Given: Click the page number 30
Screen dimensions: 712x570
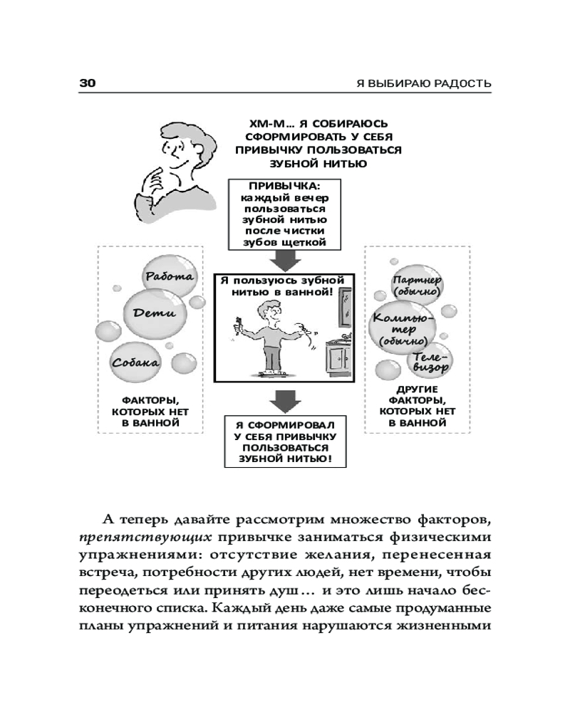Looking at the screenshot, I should (86, 83).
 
